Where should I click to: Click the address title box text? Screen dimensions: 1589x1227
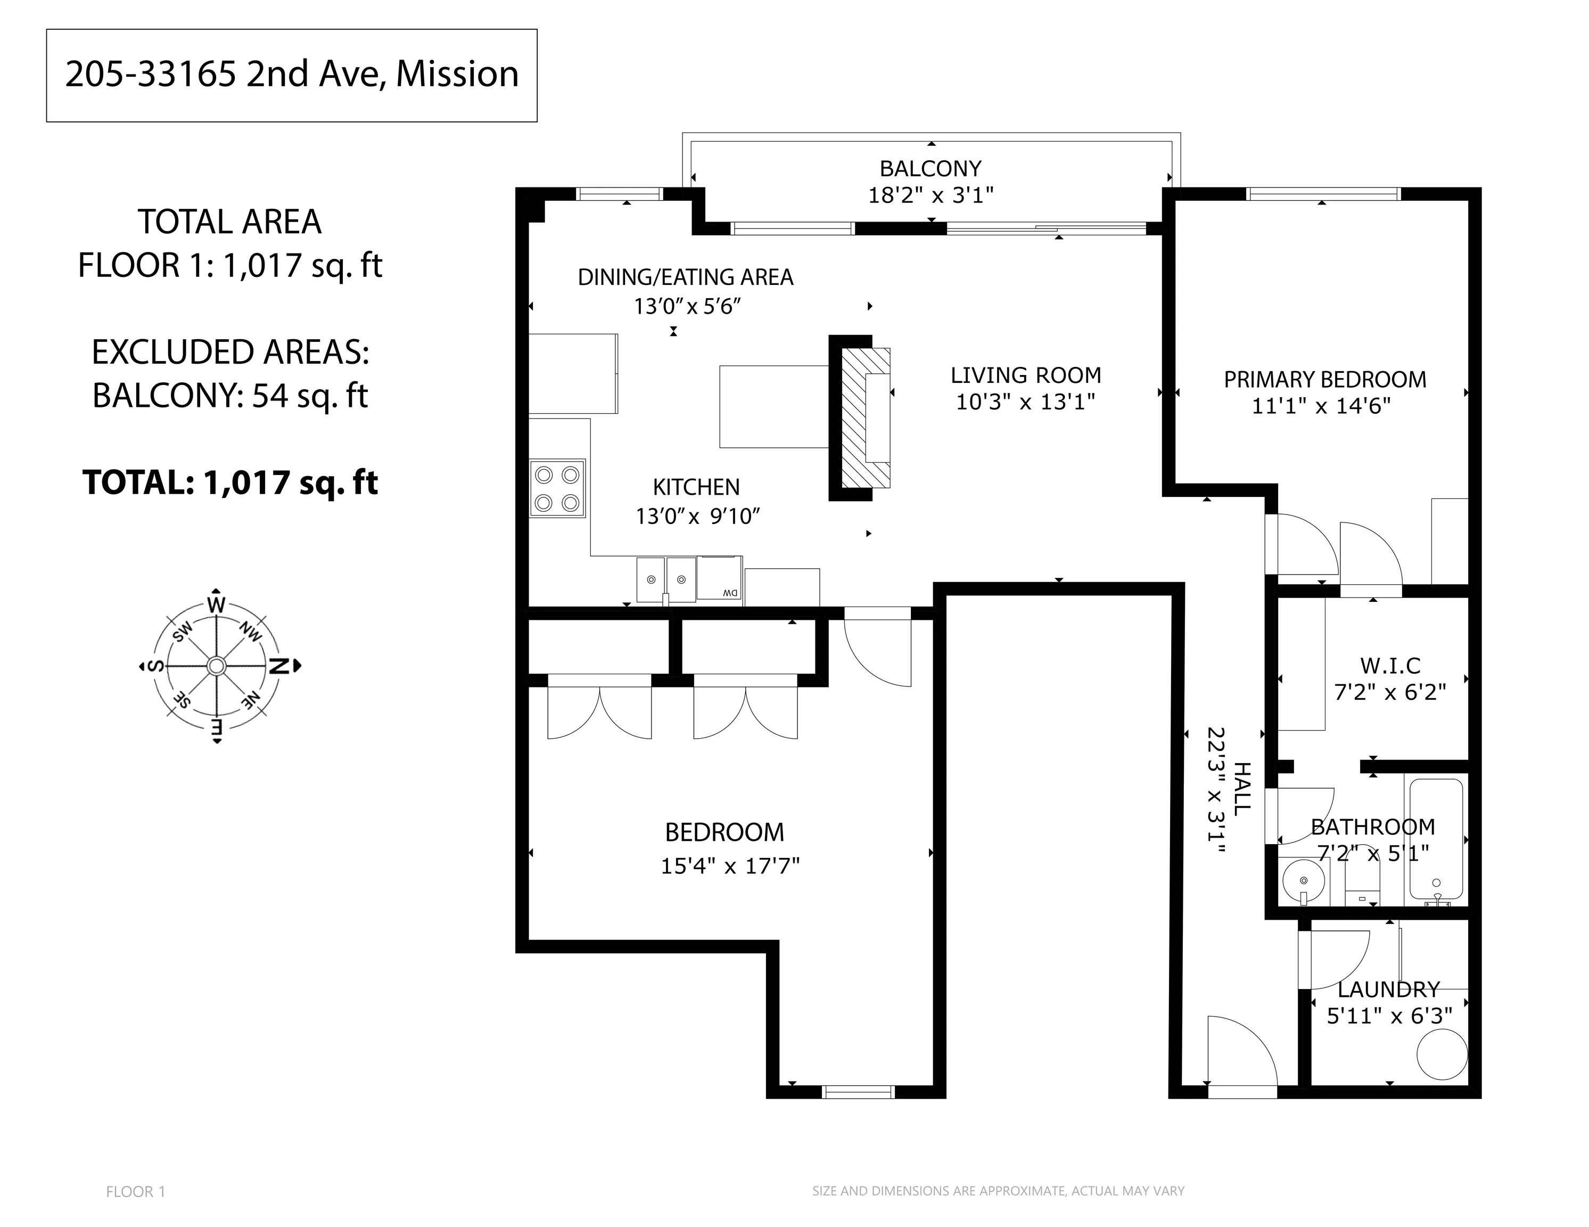coord(292,74)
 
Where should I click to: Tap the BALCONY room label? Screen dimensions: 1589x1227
coord(931,169)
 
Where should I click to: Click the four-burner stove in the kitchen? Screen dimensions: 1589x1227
coord(557,488)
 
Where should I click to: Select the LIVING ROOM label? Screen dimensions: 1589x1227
coord(1026,375)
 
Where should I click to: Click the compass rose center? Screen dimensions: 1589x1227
coord(216,666)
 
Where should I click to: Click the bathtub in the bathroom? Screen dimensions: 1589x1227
coord(1436,840)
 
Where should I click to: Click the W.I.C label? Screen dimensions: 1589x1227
coord(1390,665)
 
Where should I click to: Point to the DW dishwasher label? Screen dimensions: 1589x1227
coord(730,593)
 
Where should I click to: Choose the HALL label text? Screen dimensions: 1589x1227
coord(1242,789)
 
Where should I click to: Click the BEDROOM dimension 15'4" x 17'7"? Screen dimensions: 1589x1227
coord(730,866)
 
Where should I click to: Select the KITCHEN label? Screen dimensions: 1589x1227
coord(696,487)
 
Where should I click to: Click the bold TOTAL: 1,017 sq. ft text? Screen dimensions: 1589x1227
coord(230,482)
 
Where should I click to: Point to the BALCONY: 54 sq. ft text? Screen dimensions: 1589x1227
coord(230,396)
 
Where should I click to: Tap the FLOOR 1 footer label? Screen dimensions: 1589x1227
coord(136,1191)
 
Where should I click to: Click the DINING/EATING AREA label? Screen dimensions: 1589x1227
coord(685,277)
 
